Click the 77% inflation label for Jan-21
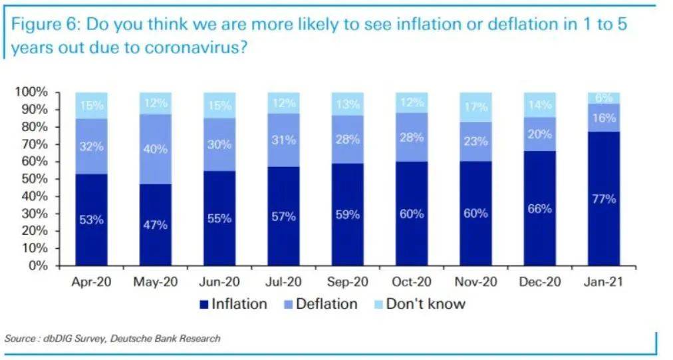[x=604, y=198]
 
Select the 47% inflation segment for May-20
[x=156, y=224]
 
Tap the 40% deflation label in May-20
[x=156, y=150]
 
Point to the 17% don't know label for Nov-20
[x=475, y=106]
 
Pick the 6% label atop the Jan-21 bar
[x=604, y=97]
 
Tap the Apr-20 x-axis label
[x=91, y=281]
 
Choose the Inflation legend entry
[x=233, y=304]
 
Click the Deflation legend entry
[x=319, y=304]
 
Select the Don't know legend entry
[x=418, y=304]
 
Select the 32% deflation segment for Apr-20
[x=91, y=146]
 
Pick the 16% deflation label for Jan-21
[x=604, y=118]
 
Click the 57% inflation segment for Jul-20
[x=283, y=216]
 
